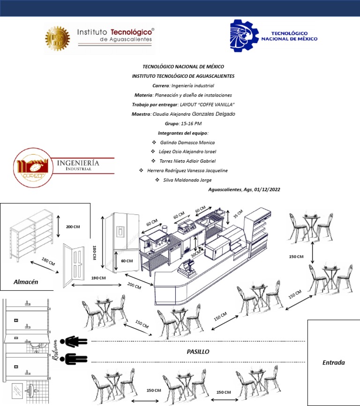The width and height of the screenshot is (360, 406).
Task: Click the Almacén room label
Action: [x=26, y=282]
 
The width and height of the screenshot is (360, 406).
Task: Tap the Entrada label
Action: [x=334, y=362]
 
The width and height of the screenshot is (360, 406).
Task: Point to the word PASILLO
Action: [x=198, y=351]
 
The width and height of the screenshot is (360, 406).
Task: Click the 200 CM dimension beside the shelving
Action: [x=73, y=227]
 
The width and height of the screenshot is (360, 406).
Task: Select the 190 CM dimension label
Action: [x=98, y=278]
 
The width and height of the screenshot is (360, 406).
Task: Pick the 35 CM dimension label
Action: [x=238, y=214]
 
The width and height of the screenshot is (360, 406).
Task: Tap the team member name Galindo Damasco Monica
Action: [x=187, y=142]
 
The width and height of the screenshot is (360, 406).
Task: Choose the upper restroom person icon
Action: [x=76, y=341]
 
